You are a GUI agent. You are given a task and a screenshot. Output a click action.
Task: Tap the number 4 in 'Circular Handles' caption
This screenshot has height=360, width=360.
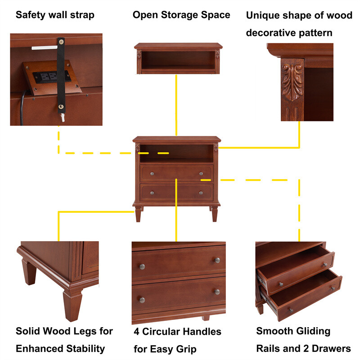pos(137,332)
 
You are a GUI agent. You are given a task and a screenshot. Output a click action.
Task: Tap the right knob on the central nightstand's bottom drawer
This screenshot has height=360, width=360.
pos(201,193)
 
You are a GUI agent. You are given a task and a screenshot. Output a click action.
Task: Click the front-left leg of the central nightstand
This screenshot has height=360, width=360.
pos(138,214)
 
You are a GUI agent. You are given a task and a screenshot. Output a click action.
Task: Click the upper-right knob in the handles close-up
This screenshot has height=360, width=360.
pos(216,260)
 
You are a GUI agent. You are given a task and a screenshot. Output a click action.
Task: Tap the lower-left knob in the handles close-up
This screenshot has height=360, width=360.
pos(142,300)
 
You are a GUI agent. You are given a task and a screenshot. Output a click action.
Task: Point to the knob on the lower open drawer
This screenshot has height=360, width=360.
pos(290,309)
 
